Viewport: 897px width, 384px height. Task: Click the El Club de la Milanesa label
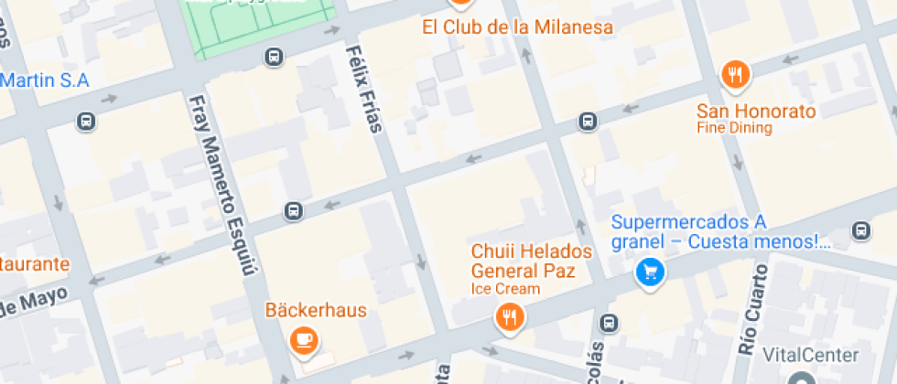click(x=517, y=27)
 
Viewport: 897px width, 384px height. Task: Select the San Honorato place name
click(x=756, y=112)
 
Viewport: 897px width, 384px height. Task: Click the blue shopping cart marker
click(x=650, y=272)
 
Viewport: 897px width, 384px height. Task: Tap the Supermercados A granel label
click(x=720, y=232)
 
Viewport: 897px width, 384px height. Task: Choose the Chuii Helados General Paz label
click(x=531, y=261)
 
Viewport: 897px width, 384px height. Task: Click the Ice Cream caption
click(x=505, y=289)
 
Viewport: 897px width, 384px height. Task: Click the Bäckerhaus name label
click(x=316, y=310)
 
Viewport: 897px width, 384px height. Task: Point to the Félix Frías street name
click(x=363, y=88)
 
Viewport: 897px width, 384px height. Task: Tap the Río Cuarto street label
click(x=751, y=309)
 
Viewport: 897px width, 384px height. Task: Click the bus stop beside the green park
click(x=273, y=58)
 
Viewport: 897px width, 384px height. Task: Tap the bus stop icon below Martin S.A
click(x=86, y=121)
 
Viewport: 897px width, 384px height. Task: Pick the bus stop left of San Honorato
click(x=588, y=121)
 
